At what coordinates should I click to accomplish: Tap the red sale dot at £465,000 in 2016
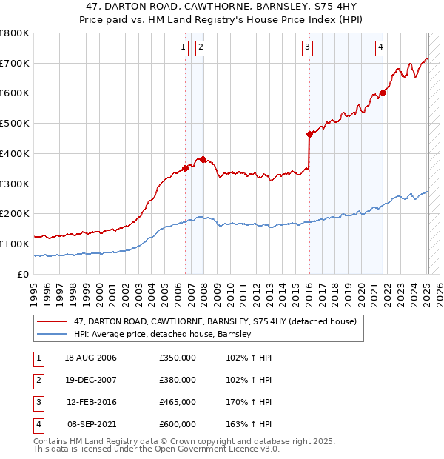(x=309, y=134)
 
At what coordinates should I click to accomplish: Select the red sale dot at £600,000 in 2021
(x=383, y=93)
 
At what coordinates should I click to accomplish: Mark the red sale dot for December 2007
(x=203, y=159)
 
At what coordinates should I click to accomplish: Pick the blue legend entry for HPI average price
(x=163, y=334)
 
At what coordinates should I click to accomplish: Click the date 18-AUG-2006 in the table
(x=90, y=358)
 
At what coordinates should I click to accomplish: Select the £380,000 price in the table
(x=178, y=380)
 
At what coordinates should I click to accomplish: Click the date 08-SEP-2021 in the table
(x=90, y=424)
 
